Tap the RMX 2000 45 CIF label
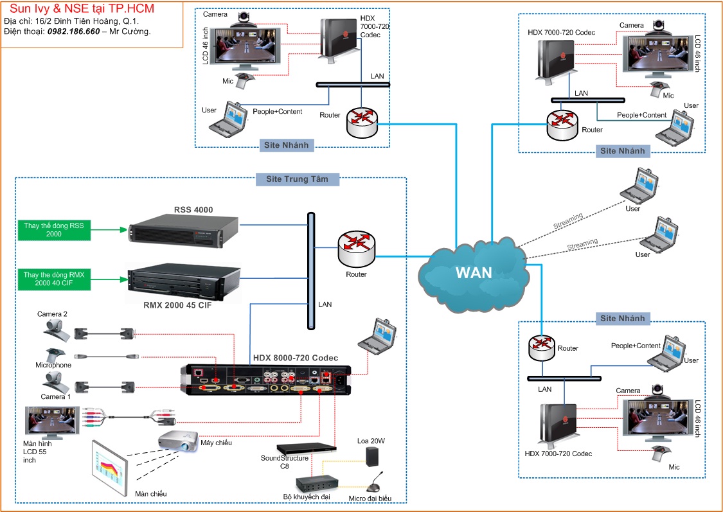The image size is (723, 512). [x=177, y=306]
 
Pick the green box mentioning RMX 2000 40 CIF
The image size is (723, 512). [x=54, y=279]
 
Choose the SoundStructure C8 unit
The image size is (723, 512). [x=307, y=448]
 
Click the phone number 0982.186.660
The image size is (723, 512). [x=74, y=31]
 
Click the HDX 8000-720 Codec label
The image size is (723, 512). [x=296, y=358]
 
